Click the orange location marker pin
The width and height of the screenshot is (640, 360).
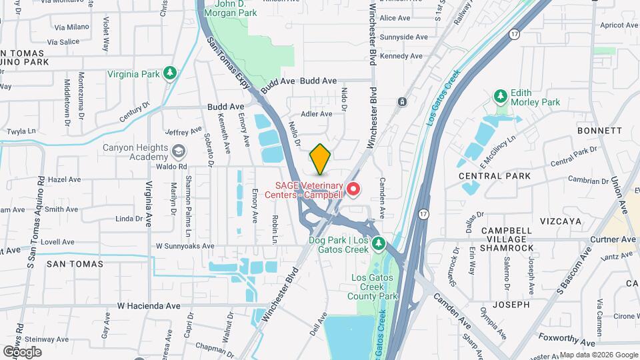[x=321, y=159]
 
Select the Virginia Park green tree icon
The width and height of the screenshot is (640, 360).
[x=170, y=73]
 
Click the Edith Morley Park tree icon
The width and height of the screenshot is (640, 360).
[x=501, y=97]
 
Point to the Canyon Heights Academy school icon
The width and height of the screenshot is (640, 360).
[x=178, y=151]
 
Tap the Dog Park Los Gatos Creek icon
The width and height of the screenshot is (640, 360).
[x=379, y=244]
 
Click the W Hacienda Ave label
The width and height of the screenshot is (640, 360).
[x=149, y=305]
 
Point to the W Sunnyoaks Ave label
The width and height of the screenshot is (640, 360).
[x=185, y=246]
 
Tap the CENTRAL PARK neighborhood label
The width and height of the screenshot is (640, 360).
[x=495, y=176]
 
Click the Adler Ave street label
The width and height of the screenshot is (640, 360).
[x=317, y=114]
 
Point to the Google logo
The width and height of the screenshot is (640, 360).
[x=21, y=351]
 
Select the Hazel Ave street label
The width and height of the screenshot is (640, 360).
[x=65, y=179]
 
